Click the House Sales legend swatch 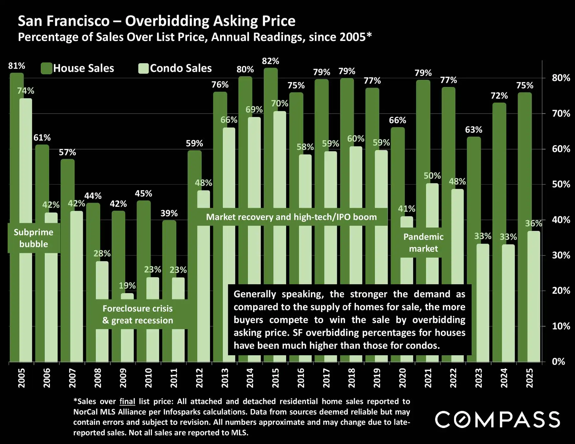click(47, 68)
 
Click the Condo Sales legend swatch click(143, 68)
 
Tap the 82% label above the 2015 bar click(270, 61)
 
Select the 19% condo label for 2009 click(127, 286)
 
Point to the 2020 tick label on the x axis click(402, 378)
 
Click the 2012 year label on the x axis click(199, 378)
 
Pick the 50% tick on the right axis click(561, 184)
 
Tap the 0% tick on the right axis click(558, 361)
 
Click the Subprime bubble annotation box click(34, 238)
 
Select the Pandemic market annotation click(423, 242)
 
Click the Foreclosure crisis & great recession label click(138, 314)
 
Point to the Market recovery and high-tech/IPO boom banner click(291, 217)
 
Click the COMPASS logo click(497, 419)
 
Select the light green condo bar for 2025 click(533, 297)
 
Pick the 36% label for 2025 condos click(533, 223)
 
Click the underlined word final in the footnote click(127, 402)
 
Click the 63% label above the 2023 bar click(473, 130)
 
